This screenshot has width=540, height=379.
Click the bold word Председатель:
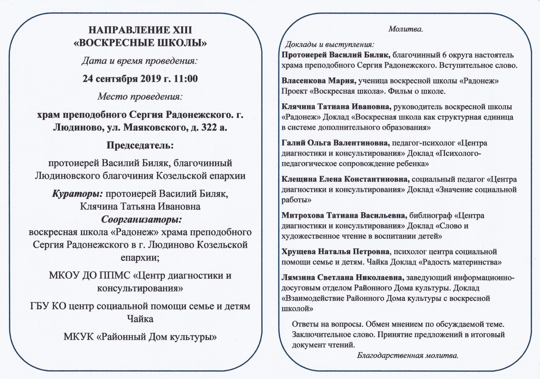point(140,145)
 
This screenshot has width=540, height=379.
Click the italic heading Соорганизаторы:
point(141,219)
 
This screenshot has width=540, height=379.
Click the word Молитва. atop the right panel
point(406,29)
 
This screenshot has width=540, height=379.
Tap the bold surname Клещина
point(299,179)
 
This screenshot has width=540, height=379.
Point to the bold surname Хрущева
point(298,252)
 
